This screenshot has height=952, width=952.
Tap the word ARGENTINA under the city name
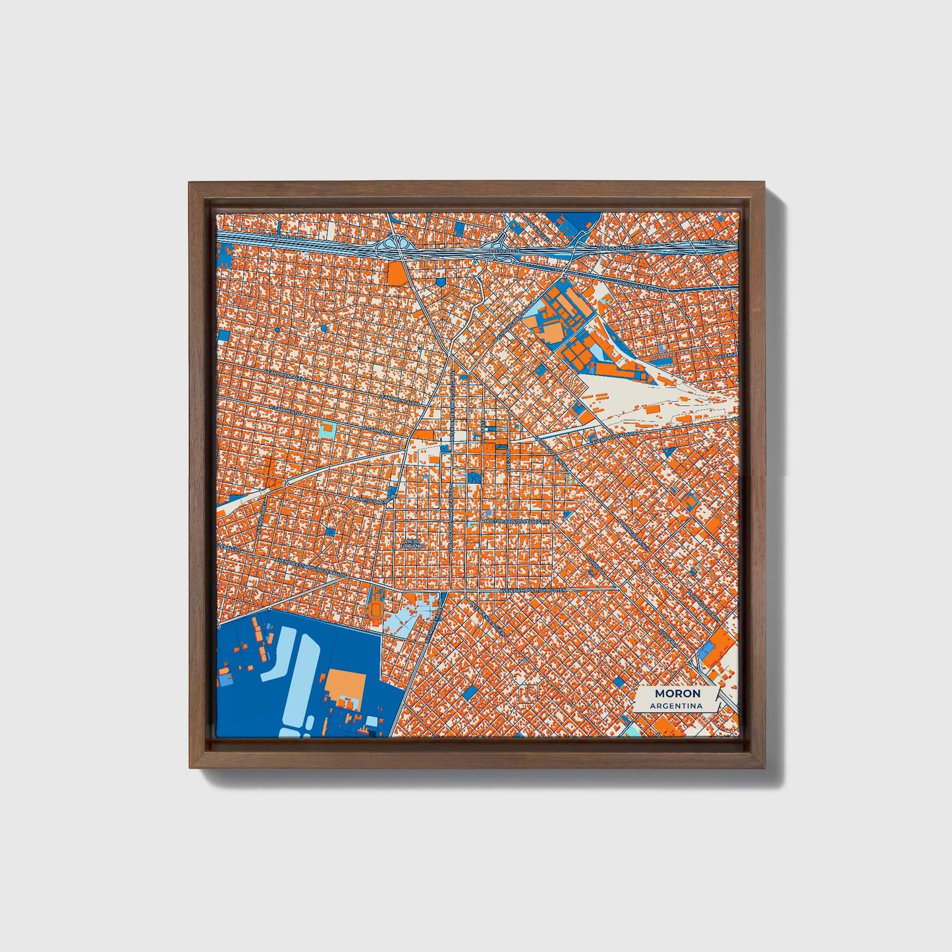675,706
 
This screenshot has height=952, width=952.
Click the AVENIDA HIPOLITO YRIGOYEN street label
534,591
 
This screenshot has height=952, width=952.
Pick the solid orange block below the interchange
395,273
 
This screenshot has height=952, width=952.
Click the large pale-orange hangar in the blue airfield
345,686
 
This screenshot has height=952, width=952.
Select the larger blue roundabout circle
323,327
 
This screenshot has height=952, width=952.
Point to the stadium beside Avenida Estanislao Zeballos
375,605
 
